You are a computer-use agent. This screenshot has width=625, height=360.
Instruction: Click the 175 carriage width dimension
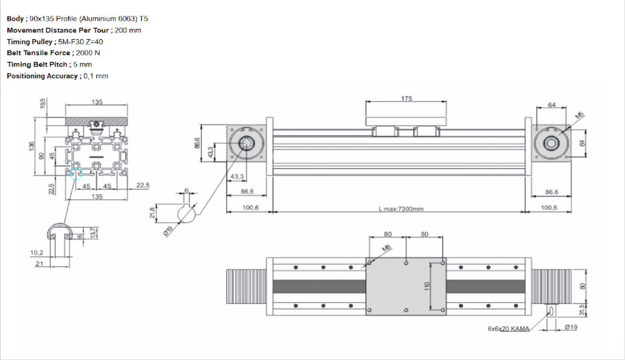pos(406,98)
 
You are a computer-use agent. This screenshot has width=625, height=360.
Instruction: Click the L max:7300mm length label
pos(400,209)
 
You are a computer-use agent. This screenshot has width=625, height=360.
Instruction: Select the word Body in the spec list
pos(15,19)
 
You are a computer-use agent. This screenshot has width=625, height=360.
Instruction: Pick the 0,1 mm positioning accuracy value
pos(96,76)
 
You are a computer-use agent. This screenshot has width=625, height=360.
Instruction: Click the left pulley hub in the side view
pos(247,144)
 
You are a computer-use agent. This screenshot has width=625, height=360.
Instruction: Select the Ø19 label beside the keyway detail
pos(166,233)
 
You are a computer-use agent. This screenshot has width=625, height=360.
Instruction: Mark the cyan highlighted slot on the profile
pos(76,174)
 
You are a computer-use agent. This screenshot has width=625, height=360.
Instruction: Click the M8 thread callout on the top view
pos(386,248)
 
